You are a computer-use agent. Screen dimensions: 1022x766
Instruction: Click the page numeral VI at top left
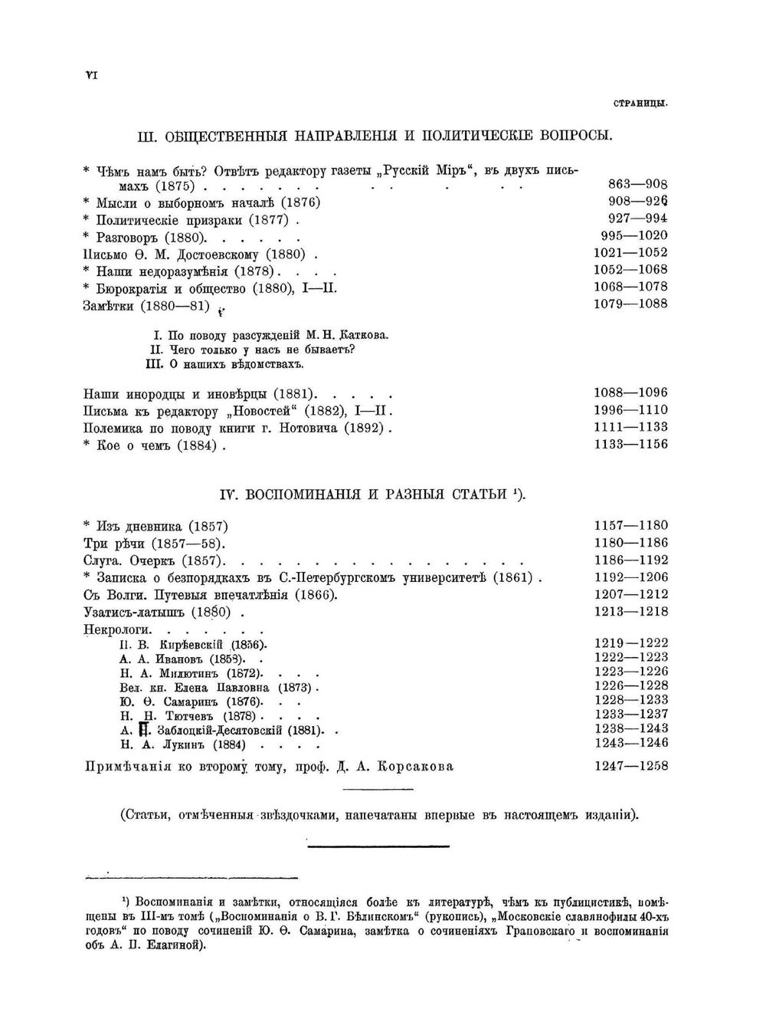pos(90,74)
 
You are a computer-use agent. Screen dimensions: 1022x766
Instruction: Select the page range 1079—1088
pos(630,304)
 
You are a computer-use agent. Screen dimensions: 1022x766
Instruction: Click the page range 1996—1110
pos(630,410)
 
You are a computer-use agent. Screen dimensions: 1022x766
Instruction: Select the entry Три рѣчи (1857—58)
pos(152,544)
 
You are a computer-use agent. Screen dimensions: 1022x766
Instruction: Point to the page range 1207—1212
pos(630,594)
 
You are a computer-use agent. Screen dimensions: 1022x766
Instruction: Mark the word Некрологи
pos(117,629)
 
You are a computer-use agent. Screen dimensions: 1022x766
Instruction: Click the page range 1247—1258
pos(630,766)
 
